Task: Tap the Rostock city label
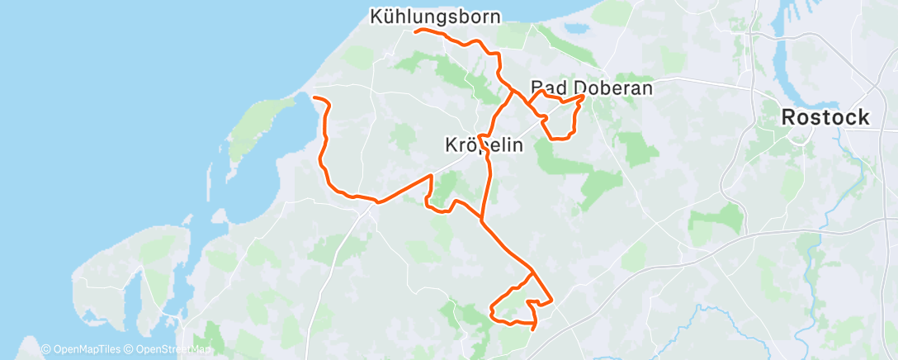pyautogui.click(x=825, y=117)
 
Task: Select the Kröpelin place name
pyautogui.click(x=484, y=145)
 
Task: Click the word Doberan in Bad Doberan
pyautogui.click(x=608, y=88)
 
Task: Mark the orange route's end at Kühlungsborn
pyautogui.click(x=415, y=31)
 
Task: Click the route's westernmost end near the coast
pyautogui.click(x=314, y=99)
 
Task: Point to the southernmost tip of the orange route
pyautogui.click(x=534, y=329)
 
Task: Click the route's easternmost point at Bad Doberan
pyautogui.click(x=584, y=97)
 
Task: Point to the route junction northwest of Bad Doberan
pyautogui.click(x=514, y=92)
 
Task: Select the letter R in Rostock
pyautogui.click(x=789, y=117)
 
